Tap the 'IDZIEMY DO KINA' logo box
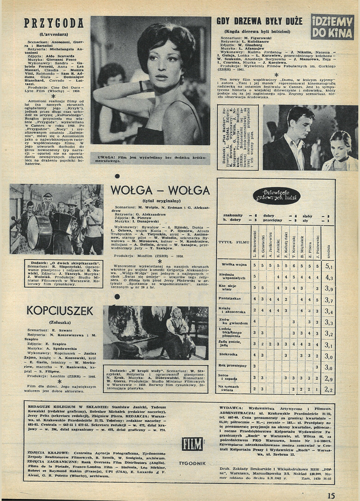pos(332,27)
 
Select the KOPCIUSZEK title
pos(60,310)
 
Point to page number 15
pos(331,496)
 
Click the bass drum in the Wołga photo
pos(39,232)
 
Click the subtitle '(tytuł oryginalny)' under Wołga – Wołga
pos(160,201)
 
